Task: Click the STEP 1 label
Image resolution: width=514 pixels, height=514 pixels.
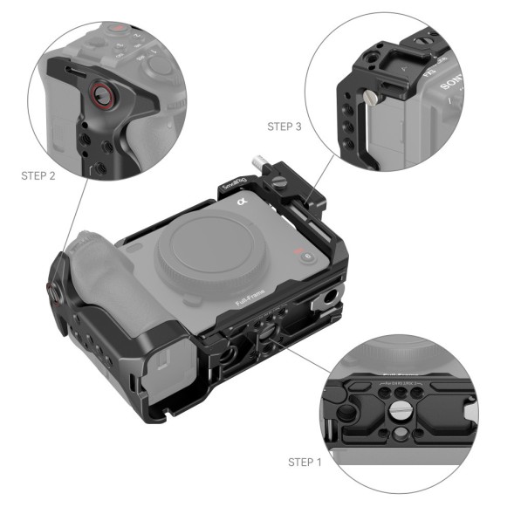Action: tap(305, 461)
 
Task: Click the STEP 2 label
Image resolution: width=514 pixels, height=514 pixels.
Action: tap(38, 175)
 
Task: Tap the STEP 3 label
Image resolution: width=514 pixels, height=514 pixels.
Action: tap(284, 127)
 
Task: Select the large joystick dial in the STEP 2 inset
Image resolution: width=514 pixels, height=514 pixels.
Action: tap(160, 64)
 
